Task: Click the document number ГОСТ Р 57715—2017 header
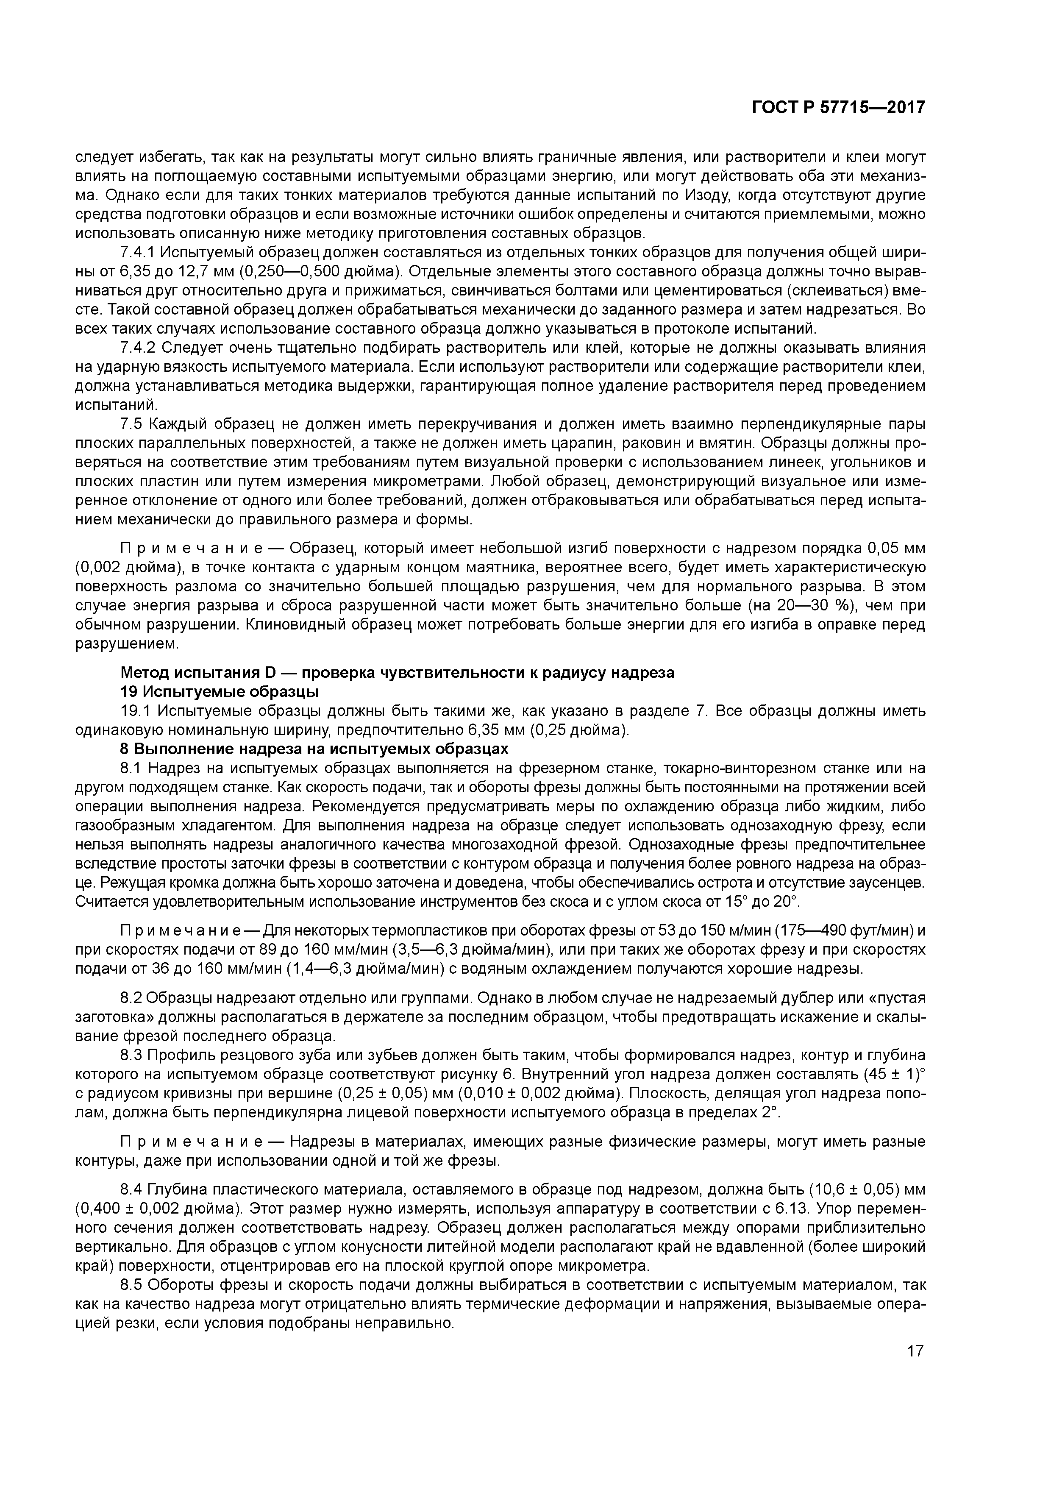point(838,108)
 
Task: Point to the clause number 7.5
point(131,424)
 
